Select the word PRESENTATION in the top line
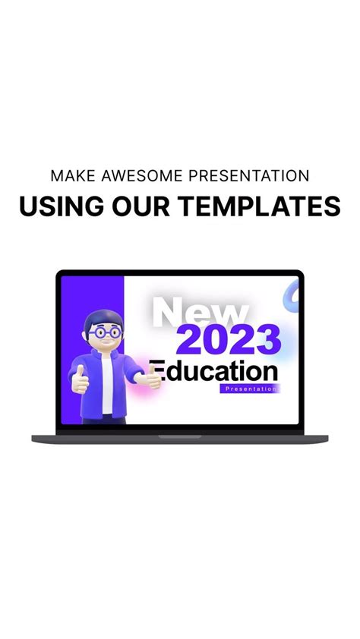[x=248, y=176]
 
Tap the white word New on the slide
[x=201, y=313]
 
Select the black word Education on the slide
[x=215, y=372]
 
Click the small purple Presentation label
[x=251, y=389]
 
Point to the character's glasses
[x=103, y=332]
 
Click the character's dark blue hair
[x=103, y=318]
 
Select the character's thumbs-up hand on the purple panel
[x=80, y=379]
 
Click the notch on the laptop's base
[x=180, y=436]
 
